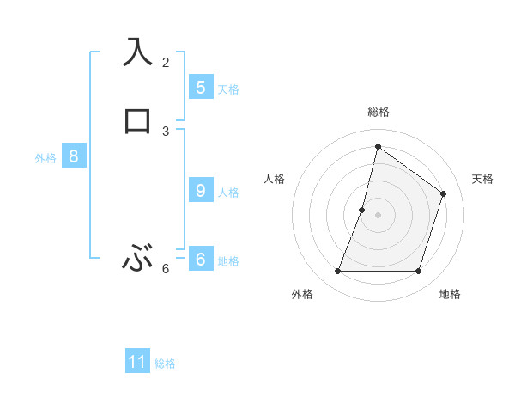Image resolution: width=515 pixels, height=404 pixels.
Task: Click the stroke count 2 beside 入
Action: (x=166, y=63)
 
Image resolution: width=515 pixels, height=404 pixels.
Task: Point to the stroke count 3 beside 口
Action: (x=166, y=131)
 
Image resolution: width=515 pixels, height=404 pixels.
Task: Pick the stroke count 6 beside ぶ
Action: (x=166, y=269)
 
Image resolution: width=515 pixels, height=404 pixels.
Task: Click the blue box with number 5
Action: (x=201, y=87)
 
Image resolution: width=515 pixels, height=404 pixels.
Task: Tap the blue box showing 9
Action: (x=201, y=190)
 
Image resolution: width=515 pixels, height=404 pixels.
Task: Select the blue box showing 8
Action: (x=74, y=156)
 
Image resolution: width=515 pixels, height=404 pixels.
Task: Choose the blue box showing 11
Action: (x=137, y=362)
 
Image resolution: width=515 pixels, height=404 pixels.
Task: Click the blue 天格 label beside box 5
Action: (x=228, y=89)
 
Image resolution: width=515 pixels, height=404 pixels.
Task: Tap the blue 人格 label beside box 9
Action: (x=228, y=192)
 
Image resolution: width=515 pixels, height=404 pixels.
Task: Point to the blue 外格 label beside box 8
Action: (x=45, y=158)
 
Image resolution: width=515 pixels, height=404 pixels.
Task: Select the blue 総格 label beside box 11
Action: (x=165, y=364)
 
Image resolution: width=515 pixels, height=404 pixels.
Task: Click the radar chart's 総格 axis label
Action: (x=378, y=112)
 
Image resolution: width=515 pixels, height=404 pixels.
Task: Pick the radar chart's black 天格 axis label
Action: (x=483, y=179)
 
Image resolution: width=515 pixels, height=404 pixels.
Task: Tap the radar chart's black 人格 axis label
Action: (x=274, y=179)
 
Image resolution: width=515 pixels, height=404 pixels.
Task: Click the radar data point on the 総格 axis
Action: (x=378, y=146)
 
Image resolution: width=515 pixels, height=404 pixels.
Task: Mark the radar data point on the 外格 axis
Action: (x=337, y=272)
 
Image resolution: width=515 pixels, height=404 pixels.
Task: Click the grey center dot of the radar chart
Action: (x=378, y=215)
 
